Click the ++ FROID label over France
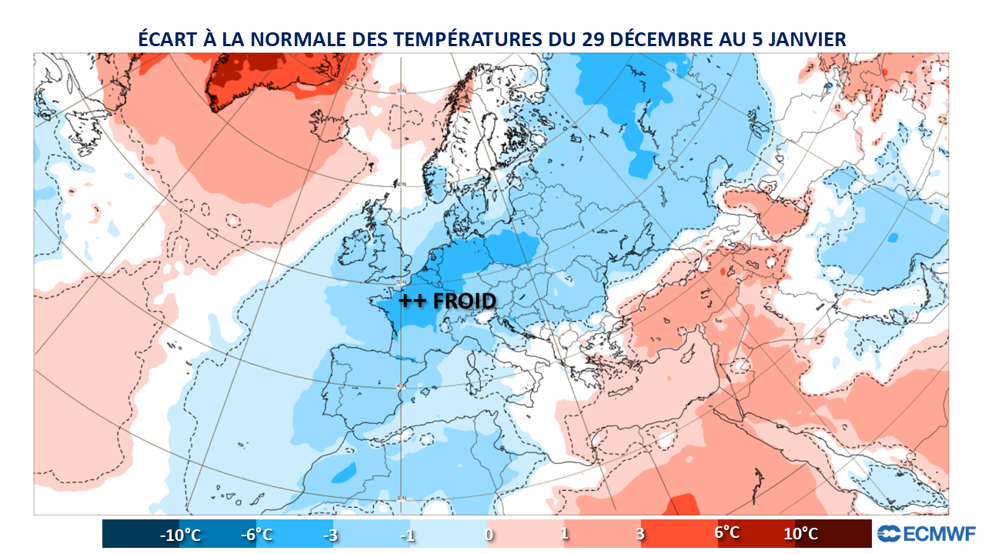pyautogui.click(x=447, y=301)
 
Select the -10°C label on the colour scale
pyautogui.click(x=180, y=535)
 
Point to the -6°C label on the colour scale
pyautogui.click(x=259, y=533)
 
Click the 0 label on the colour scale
pyautogui.click(x=489, y=535)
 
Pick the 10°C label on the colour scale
pyautogui.click(x=800, y=533)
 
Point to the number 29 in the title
pyautogui.click(x=594, y=39)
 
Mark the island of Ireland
pyautogui.click(x=356, y=248)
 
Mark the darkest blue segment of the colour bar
pyautogui.click(x=127, y=533)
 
